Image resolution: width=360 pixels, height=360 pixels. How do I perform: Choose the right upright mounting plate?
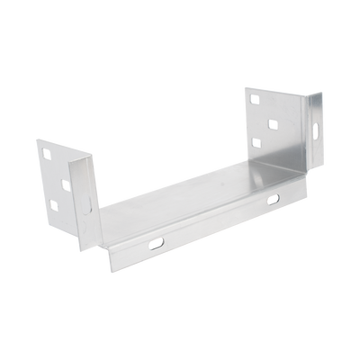pyautogui.click(x=274, y=126)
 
